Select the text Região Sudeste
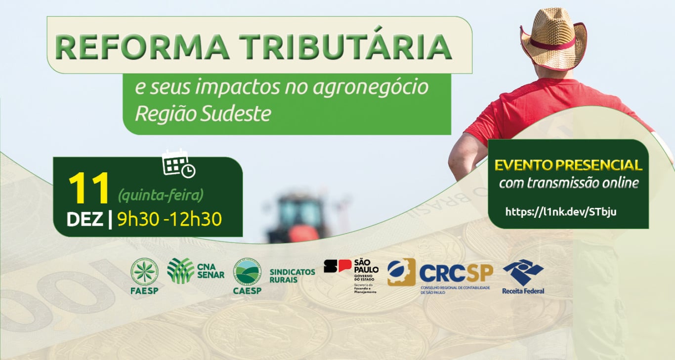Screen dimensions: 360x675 pyautogui.click(x=203, y=113)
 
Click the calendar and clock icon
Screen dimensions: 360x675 pyautogui.click(x=178, y=162)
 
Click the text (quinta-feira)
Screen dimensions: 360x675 pyautogui.click(x=161, y=196)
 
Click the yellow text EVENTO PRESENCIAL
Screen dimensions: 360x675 pyautogui.click(x=568, y=165)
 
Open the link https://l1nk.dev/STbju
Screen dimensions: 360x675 pyautogui.click(x=561, y=212)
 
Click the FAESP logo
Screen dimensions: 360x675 pyautogui.click(x=144, y=276)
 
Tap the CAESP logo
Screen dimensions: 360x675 pyautogui.click(x=247, y=276)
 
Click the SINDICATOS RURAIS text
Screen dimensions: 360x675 pyautogui.click(x=292, y=276)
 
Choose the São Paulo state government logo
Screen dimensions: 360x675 pyautogui.click(x=351, y=275)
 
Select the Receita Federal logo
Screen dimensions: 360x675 pyautogui.click(x=523, y=276)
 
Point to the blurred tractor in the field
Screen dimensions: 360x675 pyautogui.click(x=300, y=217)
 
